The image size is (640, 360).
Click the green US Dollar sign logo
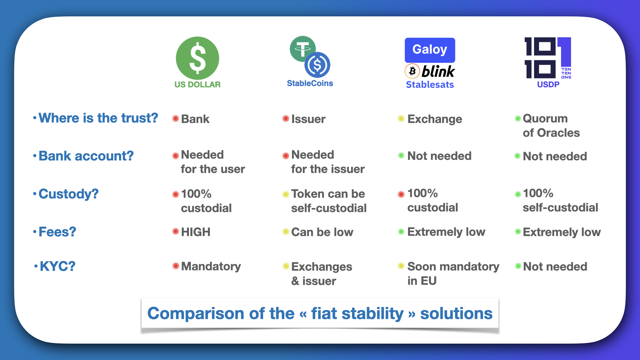(197, 58)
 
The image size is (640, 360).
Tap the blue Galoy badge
(430, 50)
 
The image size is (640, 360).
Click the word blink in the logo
(438, 71)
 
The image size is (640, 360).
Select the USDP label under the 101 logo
(548, 84)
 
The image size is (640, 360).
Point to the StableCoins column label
(310, 83)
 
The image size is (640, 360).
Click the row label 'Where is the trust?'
(98, 118)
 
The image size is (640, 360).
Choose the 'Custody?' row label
(69, 194)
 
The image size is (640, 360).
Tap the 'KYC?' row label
(58, 266)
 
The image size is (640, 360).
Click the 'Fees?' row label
(57, 232)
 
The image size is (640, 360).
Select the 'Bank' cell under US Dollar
(195, 119)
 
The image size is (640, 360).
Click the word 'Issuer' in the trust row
(308, 119)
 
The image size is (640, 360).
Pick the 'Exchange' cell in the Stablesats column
(435, 119)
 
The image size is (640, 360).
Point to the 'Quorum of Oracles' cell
(551, 125)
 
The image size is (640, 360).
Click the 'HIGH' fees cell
(196, 232)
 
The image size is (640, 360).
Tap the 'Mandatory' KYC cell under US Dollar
(211, 266)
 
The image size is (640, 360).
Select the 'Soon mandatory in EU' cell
(453, 273)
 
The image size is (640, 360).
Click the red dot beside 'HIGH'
(176, 231)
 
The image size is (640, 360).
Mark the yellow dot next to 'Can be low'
(286, 231)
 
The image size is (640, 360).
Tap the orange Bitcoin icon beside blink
(412, 71)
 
